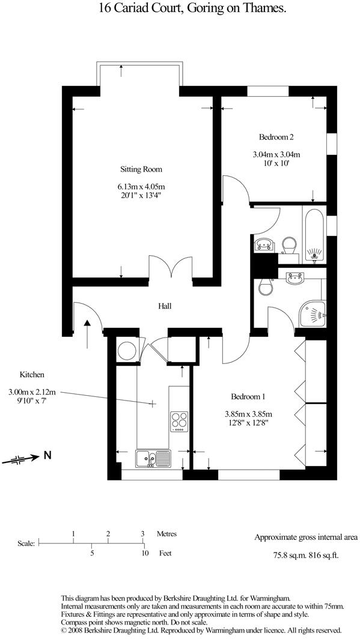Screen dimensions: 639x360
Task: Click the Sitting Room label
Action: tap(141, 169)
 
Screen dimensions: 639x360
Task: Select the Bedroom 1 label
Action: tap(248, 396)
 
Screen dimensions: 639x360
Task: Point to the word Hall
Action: tap(165, 306)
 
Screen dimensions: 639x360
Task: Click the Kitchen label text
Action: tap(31, 375)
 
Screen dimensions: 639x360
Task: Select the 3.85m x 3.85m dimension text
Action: tap(248, 414)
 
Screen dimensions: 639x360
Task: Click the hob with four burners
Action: tap(179, 421)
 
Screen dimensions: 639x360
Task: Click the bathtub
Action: tap(314, 235)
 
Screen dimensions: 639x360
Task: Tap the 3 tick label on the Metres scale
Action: tap(142, 533)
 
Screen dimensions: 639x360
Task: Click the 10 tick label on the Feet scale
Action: tap(144, 554)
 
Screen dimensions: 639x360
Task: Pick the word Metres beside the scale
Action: tap(166, 533)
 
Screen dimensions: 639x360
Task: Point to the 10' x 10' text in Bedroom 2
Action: tap(276, 163)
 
